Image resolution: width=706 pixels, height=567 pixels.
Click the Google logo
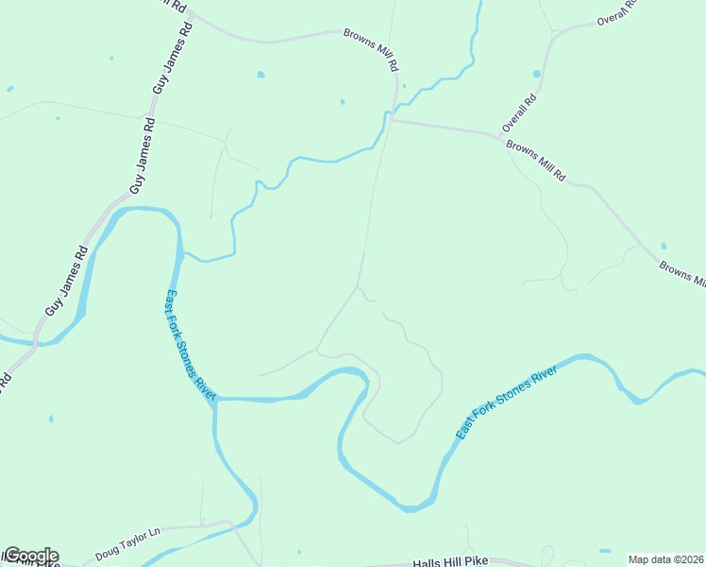(x=30, y=556)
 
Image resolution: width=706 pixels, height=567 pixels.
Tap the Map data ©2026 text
(x=665, y=559)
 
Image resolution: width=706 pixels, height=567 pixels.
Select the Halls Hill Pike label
(x=450, y=562)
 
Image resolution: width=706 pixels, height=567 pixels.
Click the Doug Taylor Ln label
(x=128, y=545)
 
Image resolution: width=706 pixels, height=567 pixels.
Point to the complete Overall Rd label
(x=520, y=112)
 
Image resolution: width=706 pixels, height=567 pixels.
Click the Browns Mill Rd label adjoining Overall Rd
(x=535, y=162)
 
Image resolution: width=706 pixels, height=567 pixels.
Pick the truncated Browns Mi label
(x=681, y=275)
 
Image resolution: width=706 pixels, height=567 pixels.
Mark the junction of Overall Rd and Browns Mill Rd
(x=497, y=137)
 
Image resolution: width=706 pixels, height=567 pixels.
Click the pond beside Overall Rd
(x=537, y=74)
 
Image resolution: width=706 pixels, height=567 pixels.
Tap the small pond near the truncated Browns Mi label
(x=664, y=246)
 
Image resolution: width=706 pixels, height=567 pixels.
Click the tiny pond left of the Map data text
(x=604, y=551)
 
